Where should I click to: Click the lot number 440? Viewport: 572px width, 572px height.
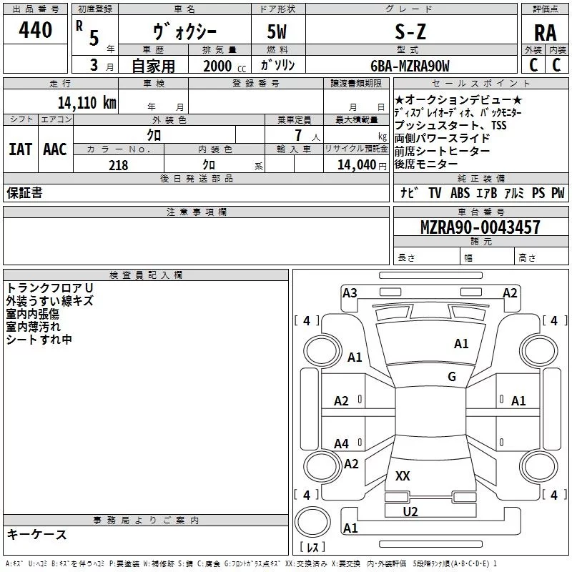[36, 31]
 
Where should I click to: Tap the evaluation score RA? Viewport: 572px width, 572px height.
[545, 33]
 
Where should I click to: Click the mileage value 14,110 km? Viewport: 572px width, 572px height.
[87, 102]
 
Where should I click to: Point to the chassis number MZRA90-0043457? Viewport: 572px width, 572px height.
[480, 227]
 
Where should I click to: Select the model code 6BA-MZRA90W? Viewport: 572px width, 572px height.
[410, 66]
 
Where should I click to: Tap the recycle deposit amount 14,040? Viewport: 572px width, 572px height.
[355, 165]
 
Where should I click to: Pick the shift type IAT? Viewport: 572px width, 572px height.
[20, 149]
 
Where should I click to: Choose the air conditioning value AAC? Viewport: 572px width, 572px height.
[55, 149]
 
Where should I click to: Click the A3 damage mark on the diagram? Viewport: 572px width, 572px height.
[350, 292]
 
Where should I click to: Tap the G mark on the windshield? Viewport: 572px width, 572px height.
[452, 377]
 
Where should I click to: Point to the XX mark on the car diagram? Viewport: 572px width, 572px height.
[403, 475]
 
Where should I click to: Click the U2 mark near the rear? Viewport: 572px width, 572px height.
[410, 511]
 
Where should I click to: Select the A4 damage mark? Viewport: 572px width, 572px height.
[342, 444]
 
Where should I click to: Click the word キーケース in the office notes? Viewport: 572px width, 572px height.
[36, 534]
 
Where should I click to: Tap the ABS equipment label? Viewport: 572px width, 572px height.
[460, 193]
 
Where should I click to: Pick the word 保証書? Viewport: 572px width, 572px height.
[24, 193]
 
